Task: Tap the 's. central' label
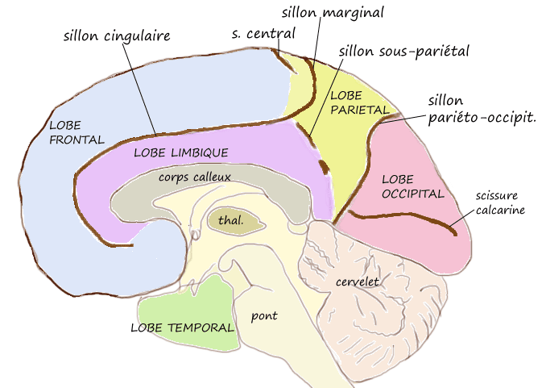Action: pos(263,34)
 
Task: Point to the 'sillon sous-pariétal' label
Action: pos(403,52)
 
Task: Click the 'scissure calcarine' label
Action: pos(500,203)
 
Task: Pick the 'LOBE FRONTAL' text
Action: pos(77,132)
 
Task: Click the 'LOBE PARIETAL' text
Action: pos(360,102)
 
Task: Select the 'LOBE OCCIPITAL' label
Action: pos(412,186)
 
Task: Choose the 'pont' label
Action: pos(263,315)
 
